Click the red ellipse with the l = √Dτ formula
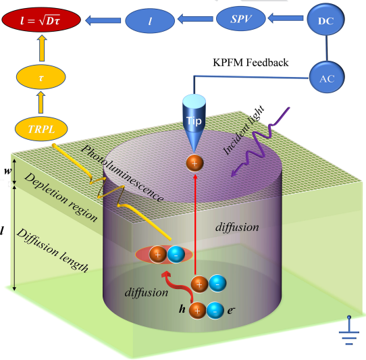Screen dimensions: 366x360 point(41,20)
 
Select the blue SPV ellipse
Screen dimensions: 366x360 point(241,18)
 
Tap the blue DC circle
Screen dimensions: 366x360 point(325,19)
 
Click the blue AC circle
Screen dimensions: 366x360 point(327,77)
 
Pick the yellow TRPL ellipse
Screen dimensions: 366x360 point(41,128)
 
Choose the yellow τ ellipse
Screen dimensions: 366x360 point(41,77)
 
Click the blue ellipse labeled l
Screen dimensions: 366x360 point(150,20)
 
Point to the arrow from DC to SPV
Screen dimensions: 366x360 point(286,18)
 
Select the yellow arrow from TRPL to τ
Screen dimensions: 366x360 point(41,102)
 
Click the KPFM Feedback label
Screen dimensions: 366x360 point(251,63)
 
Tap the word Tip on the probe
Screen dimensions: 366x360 point(194,121)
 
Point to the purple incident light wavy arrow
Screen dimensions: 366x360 point(260,143)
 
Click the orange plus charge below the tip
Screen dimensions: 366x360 point(194,163)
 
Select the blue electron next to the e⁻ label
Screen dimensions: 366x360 point(215,311)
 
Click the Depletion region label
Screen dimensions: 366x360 point(61,197)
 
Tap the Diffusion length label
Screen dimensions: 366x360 point(52,251)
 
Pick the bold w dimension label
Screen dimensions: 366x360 point(7,171)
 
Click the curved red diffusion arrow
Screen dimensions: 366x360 point(178,284)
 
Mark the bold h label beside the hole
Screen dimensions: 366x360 point(182,309)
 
